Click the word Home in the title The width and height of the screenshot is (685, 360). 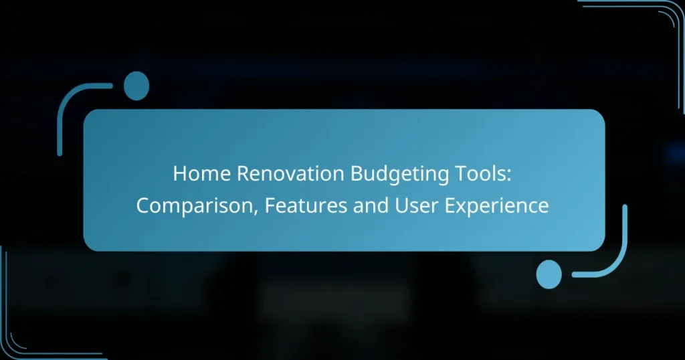(x=201, y=173)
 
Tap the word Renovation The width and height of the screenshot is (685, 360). (x=290, y=173)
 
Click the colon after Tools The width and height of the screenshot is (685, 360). (x=508, y=176)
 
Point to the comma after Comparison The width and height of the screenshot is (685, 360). (x=256, y=212)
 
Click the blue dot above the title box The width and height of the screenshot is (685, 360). (x=136, y=86)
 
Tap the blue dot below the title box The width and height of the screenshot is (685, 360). (x=549, y=274)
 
